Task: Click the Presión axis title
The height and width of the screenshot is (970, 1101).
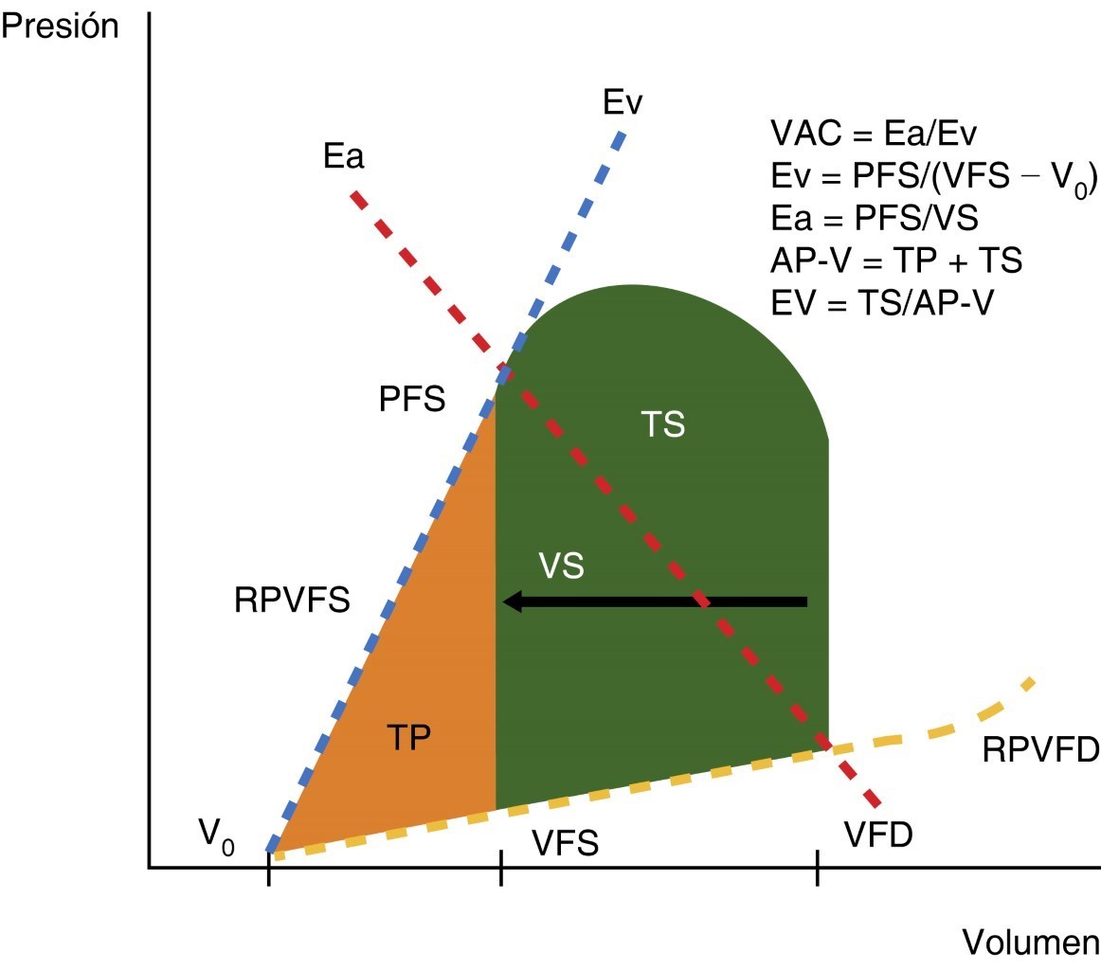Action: (61, 26)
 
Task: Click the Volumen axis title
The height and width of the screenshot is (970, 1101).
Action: (1030, 943)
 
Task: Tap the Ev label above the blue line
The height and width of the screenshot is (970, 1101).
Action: (623, 103)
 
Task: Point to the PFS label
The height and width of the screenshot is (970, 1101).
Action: (412, 399)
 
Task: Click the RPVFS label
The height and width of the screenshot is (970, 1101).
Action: (292, 600)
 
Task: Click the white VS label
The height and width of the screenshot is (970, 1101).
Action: (561, 566)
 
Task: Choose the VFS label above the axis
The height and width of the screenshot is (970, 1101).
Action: (565, 842)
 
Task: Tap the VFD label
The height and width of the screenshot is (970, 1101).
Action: (877, 835)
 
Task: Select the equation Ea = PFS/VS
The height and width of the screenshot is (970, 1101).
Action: (875, 218)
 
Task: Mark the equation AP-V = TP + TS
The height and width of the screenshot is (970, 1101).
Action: (896, 260)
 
